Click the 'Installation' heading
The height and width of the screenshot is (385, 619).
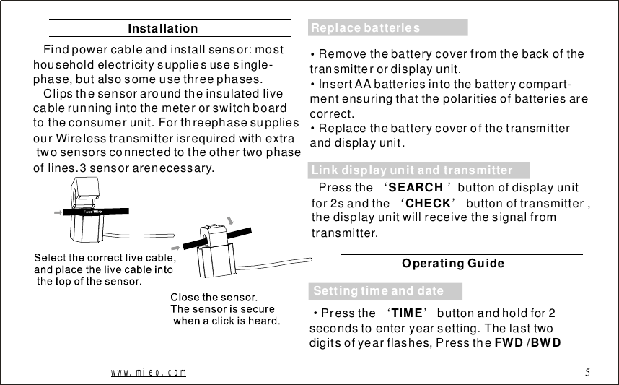(x=162, y=29)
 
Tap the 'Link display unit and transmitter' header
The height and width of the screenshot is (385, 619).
(x=412, y=170)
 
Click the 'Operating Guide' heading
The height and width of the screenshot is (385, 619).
(x=453, y=264)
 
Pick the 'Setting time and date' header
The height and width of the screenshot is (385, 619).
(x=379, y=291)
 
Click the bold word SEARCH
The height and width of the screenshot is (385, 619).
(x=415, y=188)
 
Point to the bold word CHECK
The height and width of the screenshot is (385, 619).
(x=429, y=204)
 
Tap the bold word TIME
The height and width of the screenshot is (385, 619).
(x=407, y=313)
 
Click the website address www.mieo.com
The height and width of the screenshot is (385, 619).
(x=148, y=373)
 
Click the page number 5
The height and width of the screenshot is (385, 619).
(x=588, y=373)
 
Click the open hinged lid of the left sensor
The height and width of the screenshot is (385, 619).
(x=85, y=191)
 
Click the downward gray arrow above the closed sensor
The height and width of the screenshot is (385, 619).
(x=229, y=219)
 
